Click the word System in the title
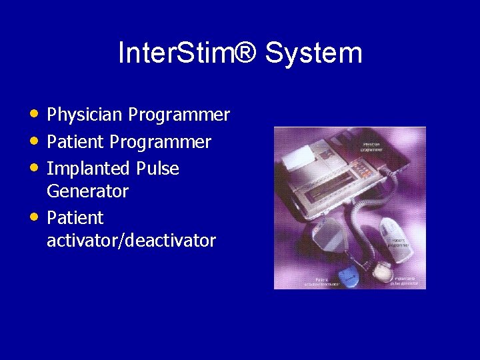click(x=313, y=53)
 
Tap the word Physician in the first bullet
click(x=85, y=115)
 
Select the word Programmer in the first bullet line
click(x=179, y=115)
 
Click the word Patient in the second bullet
click(x=75, y=142)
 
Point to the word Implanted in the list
click(x=89, y=169)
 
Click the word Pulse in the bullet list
click(x=157, y=169)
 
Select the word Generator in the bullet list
click(x=87, y=191)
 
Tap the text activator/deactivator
click(x=131, y=241)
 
